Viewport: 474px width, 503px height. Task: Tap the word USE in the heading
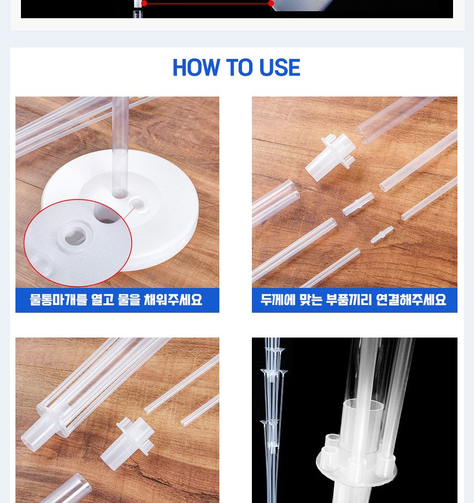coord(279,68)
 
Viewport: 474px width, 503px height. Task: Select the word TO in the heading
coord(239,68)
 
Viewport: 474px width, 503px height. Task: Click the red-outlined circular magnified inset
coord(77,243)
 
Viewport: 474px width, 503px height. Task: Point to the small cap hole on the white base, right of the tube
coord(138,205)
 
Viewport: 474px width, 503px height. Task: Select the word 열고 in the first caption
coord(115,300)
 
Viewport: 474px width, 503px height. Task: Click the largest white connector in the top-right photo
coord(331,154)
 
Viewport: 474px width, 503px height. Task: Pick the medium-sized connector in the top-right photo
coord(358,204)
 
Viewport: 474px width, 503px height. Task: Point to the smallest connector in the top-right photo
coord(381,234)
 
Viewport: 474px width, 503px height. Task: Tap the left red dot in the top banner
coord(144,3)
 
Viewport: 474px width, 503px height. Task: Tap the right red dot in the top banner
coord(271,3)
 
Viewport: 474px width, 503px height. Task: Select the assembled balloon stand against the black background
coord(273,419)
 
